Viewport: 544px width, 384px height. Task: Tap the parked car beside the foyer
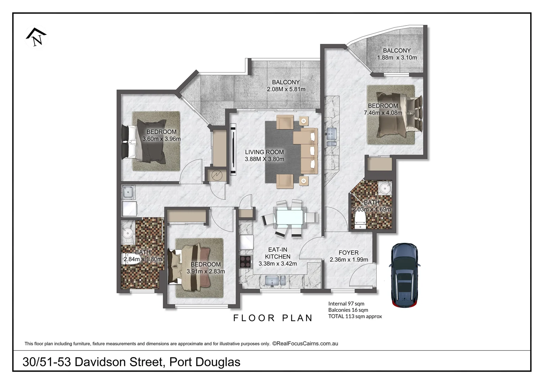(x=406, y=274)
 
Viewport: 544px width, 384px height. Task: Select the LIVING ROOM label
(x=264, y=152)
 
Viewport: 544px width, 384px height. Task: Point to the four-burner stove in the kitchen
(x=246, y=261)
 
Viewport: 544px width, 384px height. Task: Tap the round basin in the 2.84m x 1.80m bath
(x=127, y=233)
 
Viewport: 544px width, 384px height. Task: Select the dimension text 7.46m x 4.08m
(x=383, y=113)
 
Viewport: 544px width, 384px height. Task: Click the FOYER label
(x=349, y=252)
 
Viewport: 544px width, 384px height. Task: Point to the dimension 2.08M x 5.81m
(x=286, y=89)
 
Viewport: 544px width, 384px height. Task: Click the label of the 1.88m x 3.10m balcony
(x=397, y=50)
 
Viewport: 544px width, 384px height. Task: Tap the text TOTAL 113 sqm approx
(x=355, y=316)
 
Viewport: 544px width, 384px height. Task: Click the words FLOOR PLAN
(x=273, y=318)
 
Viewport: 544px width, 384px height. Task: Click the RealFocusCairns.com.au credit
(x=305, y=343)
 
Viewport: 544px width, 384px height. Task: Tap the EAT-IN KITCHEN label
(x=278, y=253)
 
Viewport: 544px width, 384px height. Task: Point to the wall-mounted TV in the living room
(x=233, y=149)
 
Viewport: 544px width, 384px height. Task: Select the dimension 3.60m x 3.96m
(x=162, y=139)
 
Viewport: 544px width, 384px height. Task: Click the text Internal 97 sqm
(x=346, y=304)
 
